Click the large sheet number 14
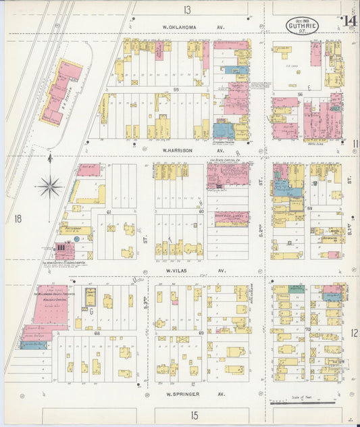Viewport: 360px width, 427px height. pos(349,22)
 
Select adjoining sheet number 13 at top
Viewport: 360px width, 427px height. pos(186,9)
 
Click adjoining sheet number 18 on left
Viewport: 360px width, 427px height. pos(18,218)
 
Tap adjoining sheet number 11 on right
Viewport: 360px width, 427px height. pos(355,143)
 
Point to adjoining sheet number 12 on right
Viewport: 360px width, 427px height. pos(355,333)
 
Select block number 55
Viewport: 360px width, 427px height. pos(176,89)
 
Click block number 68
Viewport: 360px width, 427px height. pos(97,333)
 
